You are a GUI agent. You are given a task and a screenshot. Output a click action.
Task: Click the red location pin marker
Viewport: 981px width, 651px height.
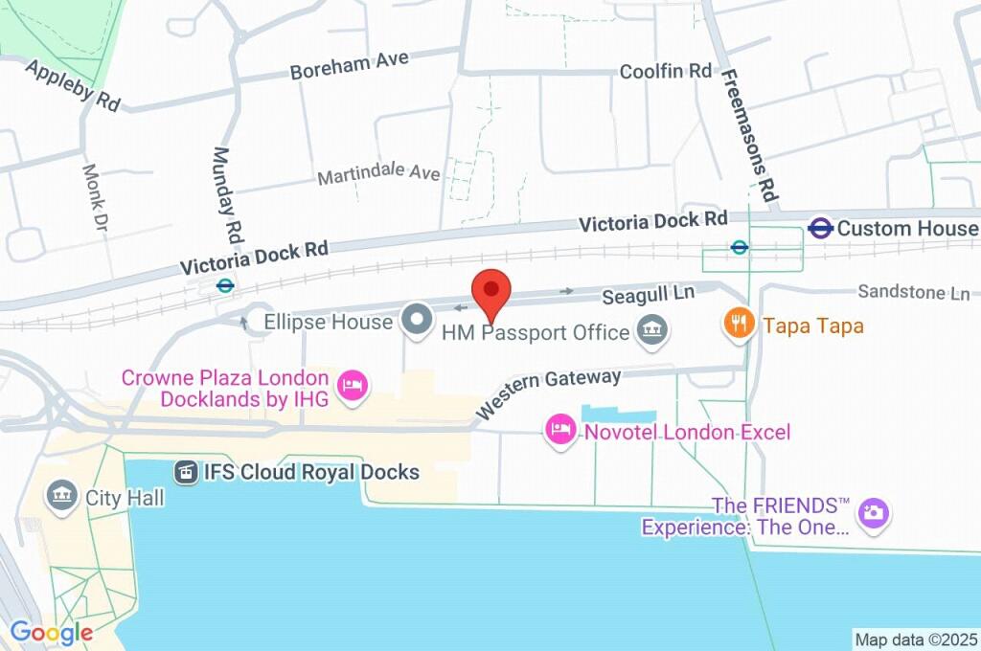click(x=491, y=290)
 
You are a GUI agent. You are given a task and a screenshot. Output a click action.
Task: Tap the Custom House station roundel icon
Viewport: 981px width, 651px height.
click(x=819, y=229)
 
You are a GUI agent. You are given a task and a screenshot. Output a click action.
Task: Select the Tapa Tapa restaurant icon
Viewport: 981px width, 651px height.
click(x=737, y=325)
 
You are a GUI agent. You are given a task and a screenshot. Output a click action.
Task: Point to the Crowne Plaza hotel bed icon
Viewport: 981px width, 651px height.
click(x=354, y=388)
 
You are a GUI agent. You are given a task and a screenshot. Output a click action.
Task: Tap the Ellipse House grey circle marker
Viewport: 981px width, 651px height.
click(x=417, y=321)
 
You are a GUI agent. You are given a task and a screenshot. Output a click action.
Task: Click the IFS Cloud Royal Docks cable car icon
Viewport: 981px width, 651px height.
click(x=185, y=472)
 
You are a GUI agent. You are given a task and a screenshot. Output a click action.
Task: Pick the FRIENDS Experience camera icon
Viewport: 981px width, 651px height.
click(x=872, y=513)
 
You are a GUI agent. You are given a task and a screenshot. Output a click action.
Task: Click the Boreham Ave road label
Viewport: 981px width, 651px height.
click(x=350, y=65)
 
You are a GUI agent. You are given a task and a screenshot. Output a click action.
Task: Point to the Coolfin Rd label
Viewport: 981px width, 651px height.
click(x=666, y=71)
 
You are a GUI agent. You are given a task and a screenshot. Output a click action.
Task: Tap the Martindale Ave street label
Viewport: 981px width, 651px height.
click(x=378, y=175)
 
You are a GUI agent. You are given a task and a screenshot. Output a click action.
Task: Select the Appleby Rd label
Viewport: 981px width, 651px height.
click(x=72, y=85)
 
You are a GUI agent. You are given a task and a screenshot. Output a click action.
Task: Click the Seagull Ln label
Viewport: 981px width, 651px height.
click(x=649, y=294)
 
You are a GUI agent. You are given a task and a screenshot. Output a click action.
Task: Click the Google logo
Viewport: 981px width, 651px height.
click(x=52, y=632)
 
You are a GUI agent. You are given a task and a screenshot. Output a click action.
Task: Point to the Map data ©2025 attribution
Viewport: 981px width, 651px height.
click(x=916, y=640)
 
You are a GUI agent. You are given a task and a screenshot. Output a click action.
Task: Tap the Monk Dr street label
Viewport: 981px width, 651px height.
click(x=96, y=198)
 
